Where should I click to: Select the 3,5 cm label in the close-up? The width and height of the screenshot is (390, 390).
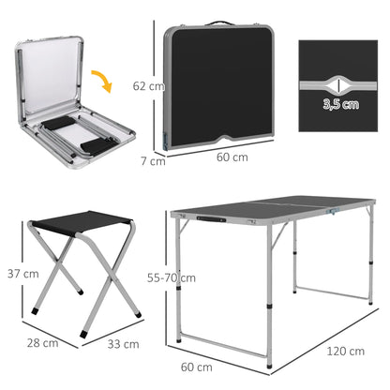pos(339,103)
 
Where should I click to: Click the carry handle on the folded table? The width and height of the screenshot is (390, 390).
pos(221,22)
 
